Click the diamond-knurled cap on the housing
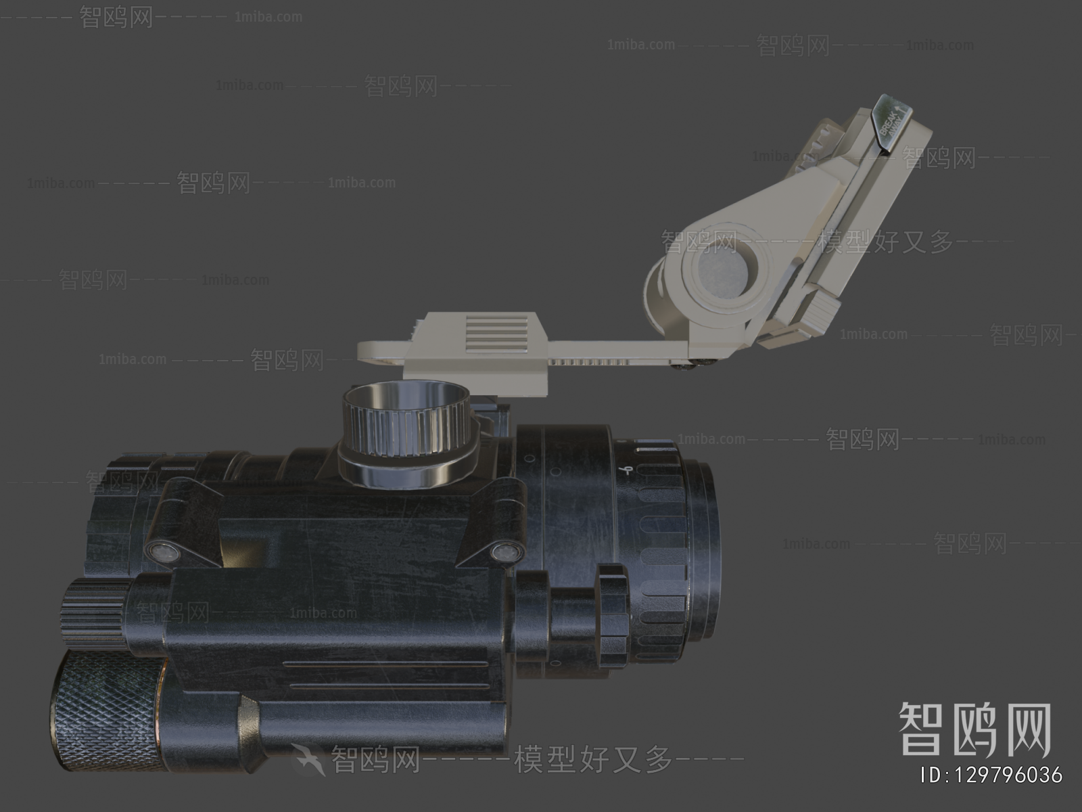coord(105,710)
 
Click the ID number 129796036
coord(992,775)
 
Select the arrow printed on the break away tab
coord(901,106)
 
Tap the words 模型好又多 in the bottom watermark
coord(593,760)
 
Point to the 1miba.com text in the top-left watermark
coord(268,17)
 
